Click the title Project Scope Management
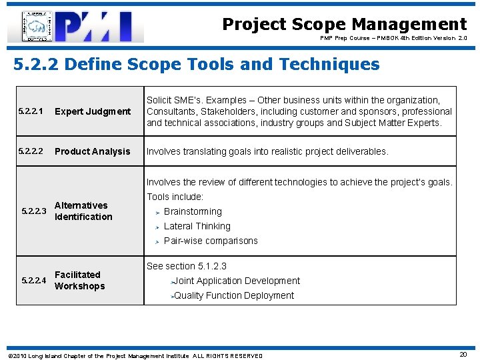[x=344, y=25]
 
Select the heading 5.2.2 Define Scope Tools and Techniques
[x=197, y=65]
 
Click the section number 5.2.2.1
[x=30, y=111]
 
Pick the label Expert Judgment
[x=93, y=111]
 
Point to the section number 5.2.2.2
[x=30, y=151]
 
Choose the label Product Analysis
[x=93, y=151]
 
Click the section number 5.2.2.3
[x=34, y=211]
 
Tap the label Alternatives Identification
[x=83, y=211]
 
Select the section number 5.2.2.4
[x=34, y=281]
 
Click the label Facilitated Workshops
[x=79, y=280]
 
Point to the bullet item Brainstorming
[x=193, y=211]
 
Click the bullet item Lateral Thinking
[x=197, y=226]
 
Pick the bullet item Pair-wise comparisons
[x=211, y=241]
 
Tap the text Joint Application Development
[x=237, y=281]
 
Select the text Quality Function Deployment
[x=233, y=295]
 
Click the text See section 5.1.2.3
[x=187, y=266]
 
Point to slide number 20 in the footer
[x=463, y=355]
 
